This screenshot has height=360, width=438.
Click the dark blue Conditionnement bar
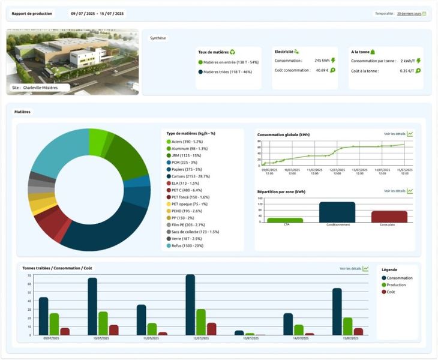[x=337, y=212]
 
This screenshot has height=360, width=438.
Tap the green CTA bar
[x=285, y=220]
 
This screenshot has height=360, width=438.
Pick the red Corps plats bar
[x=389, y=217]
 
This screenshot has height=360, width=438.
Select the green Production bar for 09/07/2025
[x=54, y=324]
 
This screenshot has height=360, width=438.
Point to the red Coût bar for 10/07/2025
[x=114, y=330]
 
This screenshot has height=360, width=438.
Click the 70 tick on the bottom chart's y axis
[x=29, y=275]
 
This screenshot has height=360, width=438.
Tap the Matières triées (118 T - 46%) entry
[x=228, y=72]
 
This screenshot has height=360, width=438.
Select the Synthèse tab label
[x=158, y=38]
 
